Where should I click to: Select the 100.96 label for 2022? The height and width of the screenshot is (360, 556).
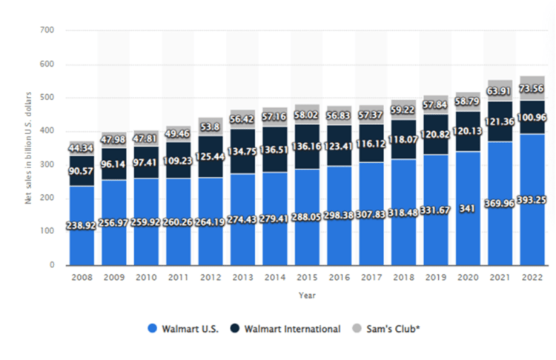pyautogui.click(x=532, y=116)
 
